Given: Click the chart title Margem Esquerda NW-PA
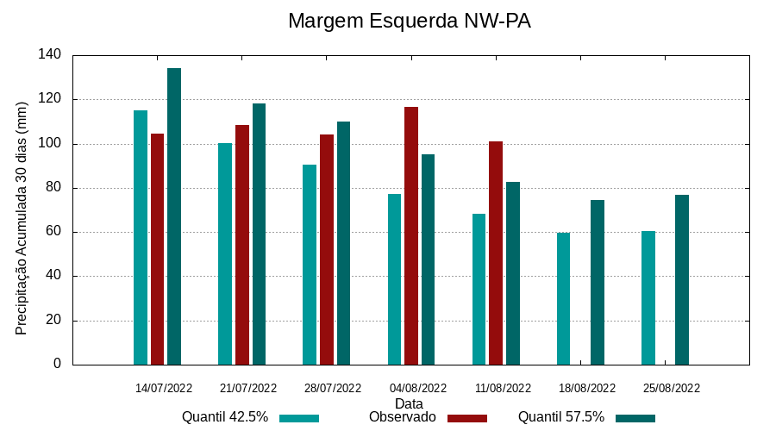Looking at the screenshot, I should tap(409, 21).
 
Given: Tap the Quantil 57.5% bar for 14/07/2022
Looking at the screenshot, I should tap(174, 216).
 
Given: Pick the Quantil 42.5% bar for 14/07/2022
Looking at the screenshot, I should tap(141, 237).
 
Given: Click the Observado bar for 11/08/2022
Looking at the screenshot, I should tap(496, 253).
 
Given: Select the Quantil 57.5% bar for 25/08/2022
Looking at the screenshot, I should tap(682, 279).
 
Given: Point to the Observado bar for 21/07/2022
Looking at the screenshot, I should tap(242, 245).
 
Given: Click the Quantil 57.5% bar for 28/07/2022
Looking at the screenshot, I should tap(343, 243).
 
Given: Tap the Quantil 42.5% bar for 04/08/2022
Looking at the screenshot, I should tap(394, 279).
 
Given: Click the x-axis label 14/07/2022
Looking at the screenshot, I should tap(164, 388).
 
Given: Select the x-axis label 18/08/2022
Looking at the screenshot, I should tap(587, 388).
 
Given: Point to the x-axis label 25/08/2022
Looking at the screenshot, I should tap(672, 388).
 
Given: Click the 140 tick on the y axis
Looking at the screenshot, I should tap(50, 55).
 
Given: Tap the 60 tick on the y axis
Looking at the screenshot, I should tap(53, 232).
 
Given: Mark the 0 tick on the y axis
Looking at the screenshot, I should tap(57, 364).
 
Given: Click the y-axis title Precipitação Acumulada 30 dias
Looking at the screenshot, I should tap(22, 217).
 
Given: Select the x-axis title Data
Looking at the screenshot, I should tap(409, 403).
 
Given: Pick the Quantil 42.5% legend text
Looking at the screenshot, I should tap(225, 417).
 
